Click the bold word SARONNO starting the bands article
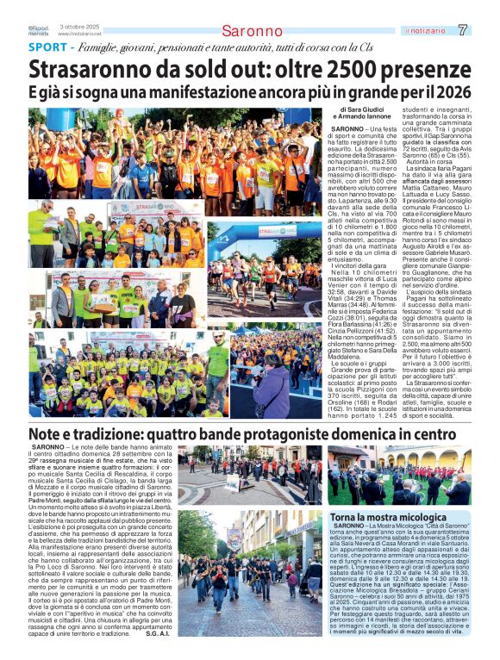tap(47, 449)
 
